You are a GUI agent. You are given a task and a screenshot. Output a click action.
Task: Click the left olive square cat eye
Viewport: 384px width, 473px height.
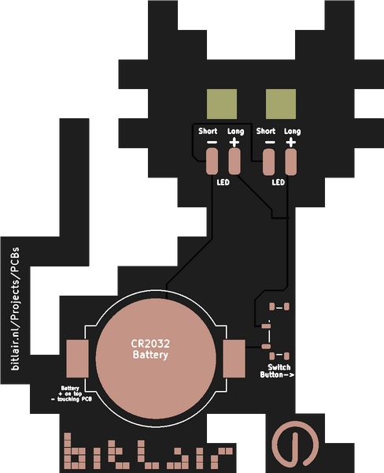221,103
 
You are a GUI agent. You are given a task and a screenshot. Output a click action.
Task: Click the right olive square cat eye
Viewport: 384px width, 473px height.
280,103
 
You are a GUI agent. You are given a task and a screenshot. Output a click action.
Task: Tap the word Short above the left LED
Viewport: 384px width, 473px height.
208,131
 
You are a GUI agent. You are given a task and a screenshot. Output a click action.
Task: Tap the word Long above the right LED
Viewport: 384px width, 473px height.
292,131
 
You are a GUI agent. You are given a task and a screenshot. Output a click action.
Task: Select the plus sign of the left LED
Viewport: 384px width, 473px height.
234,143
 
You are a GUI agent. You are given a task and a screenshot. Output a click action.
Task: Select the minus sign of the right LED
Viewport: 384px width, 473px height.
270,143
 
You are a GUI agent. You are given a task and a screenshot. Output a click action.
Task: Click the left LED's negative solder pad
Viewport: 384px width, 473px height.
212,163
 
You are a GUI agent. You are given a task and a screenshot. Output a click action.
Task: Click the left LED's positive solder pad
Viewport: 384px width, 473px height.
234,163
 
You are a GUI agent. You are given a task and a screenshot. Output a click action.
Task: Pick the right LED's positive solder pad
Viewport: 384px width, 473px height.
292,163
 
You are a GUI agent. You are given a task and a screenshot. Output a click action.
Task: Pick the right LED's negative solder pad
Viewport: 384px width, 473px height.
270,163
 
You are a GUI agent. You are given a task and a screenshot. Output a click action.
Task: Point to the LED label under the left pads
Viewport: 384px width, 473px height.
223,183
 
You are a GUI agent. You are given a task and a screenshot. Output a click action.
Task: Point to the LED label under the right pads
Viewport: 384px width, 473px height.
279,183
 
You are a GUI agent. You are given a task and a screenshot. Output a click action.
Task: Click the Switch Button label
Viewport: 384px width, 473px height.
279,371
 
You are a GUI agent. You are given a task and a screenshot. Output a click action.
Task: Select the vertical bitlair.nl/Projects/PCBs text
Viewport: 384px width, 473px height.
17,308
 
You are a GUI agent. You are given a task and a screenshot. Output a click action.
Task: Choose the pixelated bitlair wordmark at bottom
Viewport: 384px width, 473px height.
148,453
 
